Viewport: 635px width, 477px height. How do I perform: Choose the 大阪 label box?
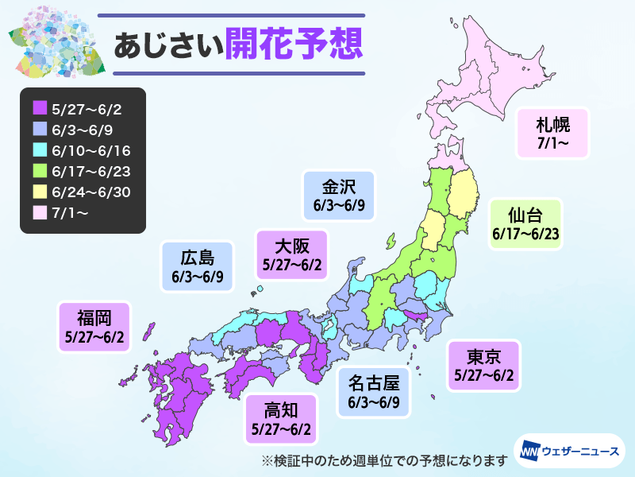pos(292,254)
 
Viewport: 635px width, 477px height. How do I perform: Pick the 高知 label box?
pos(280,419)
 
